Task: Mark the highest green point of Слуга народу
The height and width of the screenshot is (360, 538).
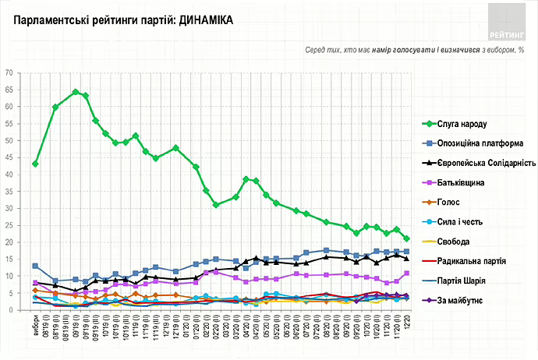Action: coord(76,92)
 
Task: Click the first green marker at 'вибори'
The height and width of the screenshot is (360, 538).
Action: coord(35,164)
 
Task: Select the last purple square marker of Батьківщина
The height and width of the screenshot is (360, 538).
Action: coord(407,274)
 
